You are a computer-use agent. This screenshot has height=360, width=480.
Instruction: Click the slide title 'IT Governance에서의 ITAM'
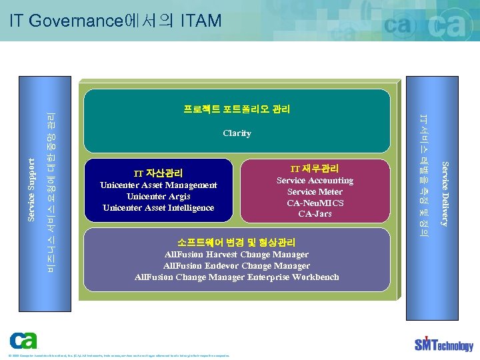115,21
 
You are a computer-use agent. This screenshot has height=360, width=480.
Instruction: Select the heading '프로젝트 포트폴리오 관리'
237,109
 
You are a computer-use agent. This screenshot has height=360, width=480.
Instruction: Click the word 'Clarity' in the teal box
237,133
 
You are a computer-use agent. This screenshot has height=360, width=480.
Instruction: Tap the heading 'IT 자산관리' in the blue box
158,173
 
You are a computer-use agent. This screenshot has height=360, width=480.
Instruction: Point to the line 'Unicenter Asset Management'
158,185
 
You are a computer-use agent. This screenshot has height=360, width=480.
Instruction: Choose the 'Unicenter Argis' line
158,197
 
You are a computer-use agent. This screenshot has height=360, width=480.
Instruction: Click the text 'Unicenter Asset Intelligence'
158,208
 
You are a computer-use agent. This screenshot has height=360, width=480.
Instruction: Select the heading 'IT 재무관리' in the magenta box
315,169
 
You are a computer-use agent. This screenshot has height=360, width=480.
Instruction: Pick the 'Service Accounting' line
315,181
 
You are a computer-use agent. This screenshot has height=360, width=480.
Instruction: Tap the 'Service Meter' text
315,192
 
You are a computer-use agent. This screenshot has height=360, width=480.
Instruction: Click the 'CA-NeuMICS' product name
315,203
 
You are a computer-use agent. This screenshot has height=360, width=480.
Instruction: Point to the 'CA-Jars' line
315,214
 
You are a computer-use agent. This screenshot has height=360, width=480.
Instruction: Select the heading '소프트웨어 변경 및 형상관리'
237,243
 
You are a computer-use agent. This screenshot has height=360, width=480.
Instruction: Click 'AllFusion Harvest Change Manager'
237,255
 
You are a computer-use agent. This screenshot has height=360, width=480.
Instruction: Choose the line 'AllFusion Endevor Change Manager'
237,266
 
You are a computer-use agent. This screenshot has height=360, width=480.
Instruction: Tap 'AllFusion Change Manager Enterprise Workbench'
237,277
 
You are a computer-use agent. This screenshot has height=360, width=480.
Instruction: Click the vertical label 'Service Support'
31,189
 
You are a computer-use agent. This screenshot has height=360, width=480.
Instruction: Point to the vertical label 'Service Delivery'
445,193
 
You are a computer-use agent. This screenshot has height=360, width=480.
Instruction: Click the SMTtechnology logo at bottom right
443,344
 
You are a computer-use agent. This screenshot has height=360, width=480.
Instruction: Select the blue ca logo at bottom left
23,341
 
